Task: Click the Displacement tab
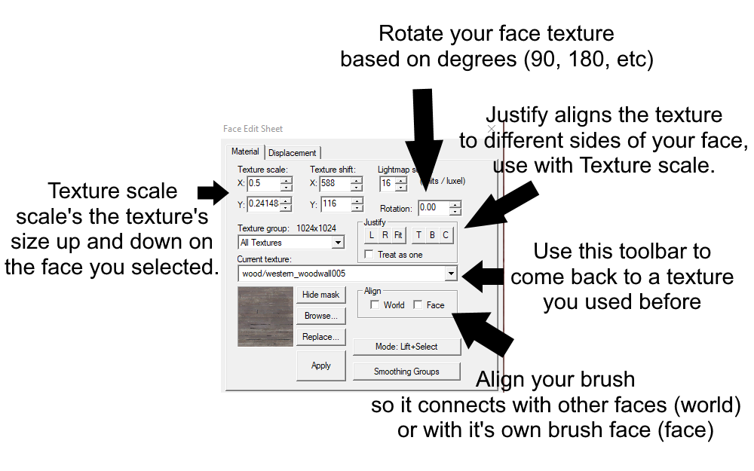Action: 293,152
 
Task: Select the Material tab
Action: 245,151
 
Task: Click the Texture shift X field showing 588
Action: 334,184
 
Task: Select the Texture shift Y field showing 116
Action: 334,204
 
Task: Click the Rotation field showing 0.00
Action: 433,207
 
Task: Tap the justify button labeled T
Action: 418,235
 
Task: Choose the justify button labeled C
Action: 446,235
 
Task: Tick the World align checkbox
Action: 375,305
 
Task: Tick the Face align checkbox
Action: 418,305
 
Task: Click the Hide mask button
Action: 320,295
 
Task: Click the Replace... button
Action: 320,337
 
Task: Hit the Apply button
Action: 320,365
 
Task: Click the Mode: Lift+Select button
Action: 406,347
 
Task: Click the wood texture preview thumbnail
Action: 265,317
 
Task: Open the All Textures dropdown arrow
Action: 338,243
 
